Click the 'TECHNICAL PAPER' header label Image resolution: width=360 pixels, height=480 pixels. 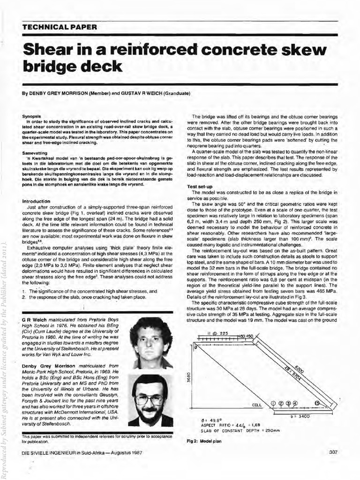[x=53, y=27]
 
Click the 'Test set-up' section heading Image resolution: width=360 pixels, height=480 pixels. [x=200, y=187]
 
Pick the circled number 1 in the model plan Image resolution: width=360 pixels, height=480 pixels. [x=273, y=403]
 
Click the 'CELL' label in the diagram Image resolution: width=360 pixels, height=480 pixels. [x=257, y=405]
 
